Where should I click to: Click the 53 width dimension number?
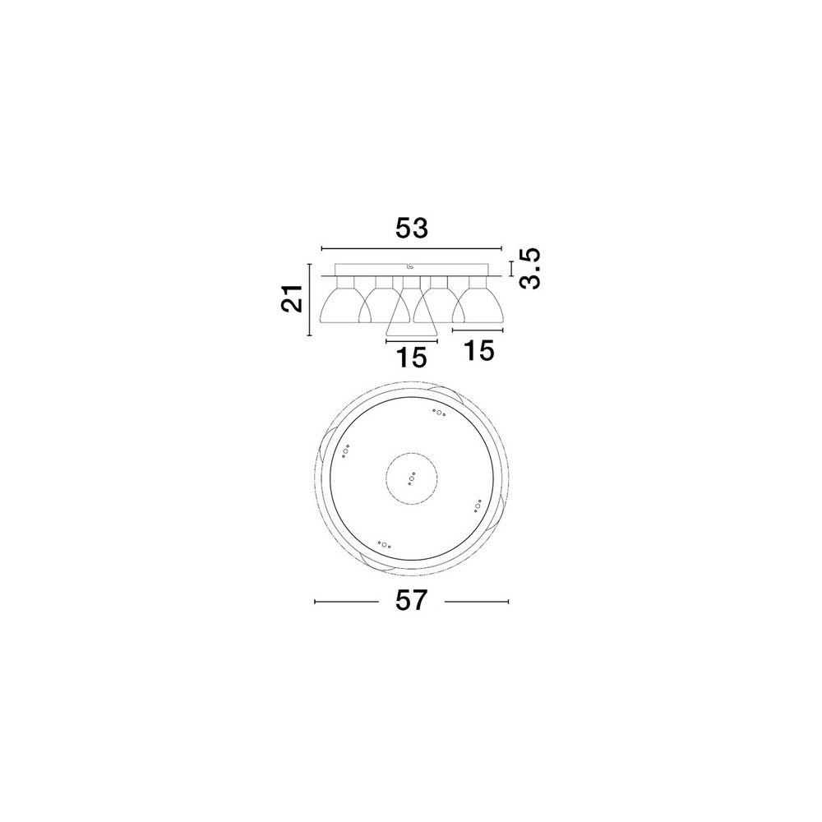click(x=412, y=229)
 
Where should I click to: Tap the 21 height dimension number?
click(x=293, y=298)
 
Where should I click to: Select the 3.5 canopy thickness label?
click(x=529, y=269)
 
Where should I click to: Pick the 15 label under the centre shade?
click(x=412, y=358)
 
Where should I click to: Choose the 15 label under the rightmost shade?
click(x=479, y=351)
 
